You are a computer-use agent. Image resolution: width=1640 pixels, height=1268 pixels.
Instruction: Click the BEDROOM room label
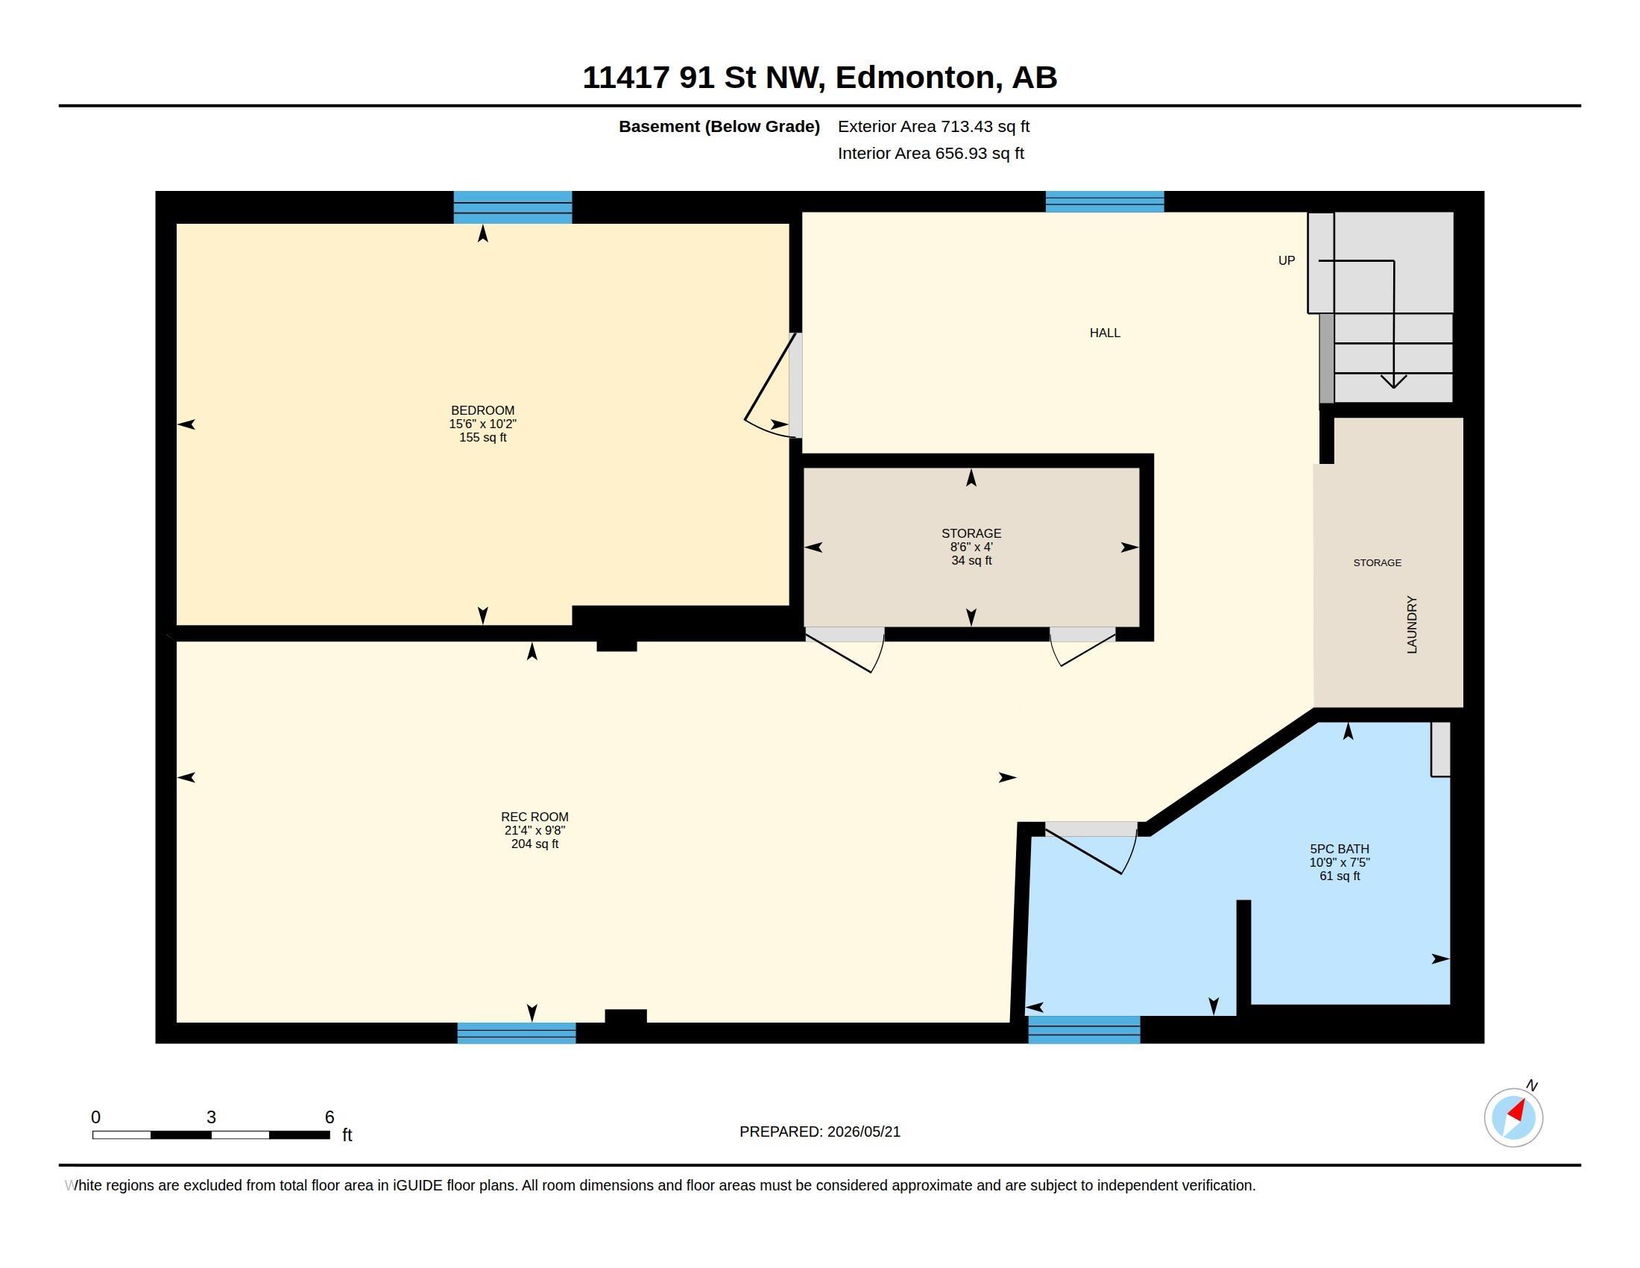482,410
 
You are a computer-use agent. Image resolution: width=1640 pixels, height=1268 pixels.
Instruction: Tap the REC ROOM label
534,817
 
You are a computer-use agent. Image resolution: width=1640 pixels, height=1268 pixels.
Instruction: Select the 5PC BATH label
1340,849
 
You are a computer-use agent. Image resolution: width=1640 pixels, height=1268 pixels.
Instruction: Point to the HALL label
1105,333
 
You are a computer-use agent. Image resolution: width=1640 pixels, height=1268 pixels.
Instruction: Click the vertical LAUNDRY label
1412,624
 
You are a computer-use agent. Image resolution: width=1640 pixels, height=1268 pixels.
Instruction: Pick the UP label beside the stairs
1287,260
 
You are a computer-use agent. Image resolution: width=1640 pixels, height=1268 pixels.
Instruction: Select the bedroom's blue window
513,207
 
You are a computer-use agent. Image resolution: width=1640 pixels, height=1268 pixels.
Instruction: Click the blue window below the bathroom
1084,1029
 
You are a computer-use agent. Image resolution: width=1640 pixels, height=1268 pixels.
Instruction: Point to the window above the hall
1105,201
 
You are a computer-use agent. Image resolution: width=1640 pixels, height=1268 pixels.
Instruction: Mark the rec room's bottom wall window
517,1033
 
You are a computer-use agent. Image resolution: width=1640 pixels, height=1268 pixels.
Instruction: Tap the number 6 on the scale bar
329,1117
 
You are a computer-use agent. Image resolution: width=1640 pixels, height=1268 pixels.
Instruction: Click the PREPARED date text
819,1132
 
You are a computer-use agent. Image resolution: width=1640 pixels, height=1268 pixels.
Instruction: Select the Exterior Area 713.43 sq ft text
933,127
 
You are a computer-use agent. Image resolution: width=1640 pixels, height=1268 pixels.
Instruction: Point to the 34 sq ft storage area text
971,560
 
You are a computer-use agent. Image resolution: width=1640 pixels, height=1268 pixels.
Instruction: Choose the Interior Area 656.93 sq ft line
930,154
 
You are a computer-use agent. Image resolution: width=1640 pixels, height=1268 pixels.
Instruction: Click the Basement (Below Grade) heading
719,127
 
